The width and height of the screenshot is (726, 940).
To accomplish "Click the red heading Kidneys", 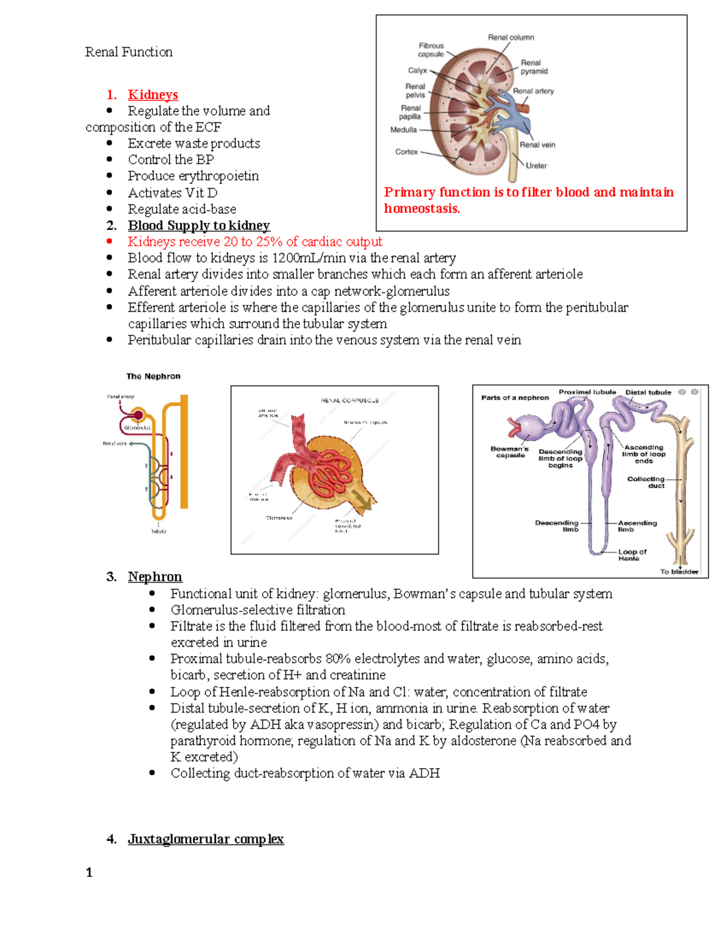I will pos(152,95).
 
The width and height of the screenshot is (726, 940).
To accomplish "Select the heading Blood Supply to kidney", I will pos(198,226).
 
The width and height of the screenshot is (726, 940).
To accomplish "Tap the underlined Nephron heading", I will pos(155,577).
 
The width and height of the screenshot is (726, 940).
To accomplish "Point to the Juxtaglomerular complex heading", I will pos(206,840).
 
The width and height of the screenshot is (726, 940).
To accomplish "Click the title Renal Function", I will pos(129,52).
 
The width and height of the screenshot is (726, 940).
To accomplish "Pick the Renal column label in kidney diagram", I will pos(511,38).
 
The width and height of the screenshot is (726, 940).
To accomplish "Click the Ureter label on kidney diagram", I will pos(536,166).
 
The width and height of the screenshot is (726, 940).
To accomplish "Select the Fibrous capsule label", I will pos(431,50).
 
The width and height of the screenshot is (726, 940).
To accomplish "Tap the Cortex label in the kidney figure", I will pos(407,152).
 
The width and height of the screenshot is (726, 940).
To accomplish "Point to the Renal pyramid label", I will pos(534,67).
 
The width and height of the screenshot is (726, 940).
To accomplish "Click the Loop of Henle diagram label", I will pos(632,555).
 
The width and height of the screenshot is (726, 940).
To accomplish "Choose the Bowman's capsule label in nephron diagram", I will pos(509,452).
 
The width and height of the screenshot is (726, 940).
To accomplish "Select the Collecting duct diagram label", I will pos(646,482).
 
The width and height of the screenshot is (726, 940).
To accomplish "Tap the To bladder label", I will pos(679,571).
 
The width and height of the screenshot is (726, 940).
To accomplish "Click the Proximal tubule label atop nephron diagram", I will pos(587,392).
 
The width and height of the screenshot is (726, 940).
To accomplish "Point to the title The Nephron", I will pos(153,376).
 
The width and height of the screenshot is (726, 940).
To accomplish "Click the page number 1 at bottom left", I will pos(90,873).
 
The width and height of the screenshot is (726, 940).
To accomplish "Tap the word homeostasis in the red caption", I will pos(422,209).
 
